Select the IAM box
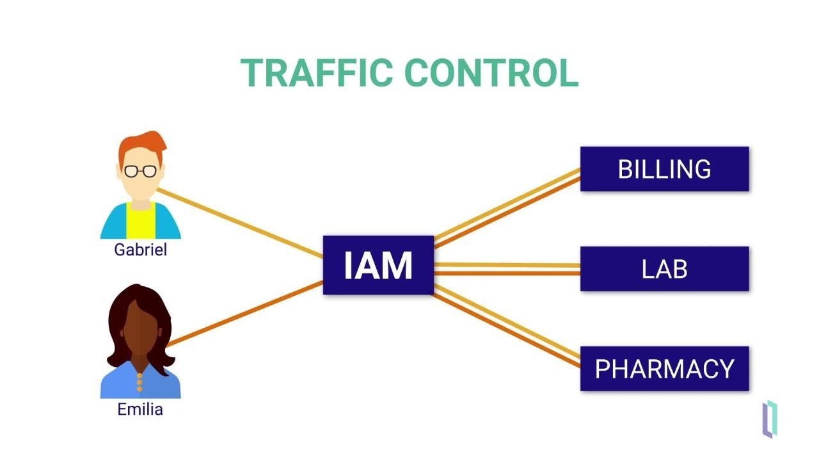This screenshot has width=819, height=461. [x=378, y=265]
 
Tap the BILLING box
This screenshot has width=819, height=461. [x=664, y=169]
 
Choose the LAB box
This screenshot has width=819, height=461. [x=664, y=269]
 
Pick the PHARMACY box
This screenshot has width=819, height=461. [x=664, y=369]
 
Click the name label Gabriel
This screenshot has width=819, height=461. [x=140, y=250]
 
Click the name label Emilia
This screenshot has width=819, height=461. [x=140, y=409]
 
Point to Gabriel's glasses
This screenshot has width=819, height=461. [x=140, y=171]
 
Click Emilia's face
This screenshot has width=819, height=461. [x=140, y=330]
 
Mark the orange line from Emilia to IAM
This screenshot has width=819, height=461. [x=243, y=314]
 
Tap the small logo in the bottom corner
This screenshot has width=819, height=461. [x=770, y=419]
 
